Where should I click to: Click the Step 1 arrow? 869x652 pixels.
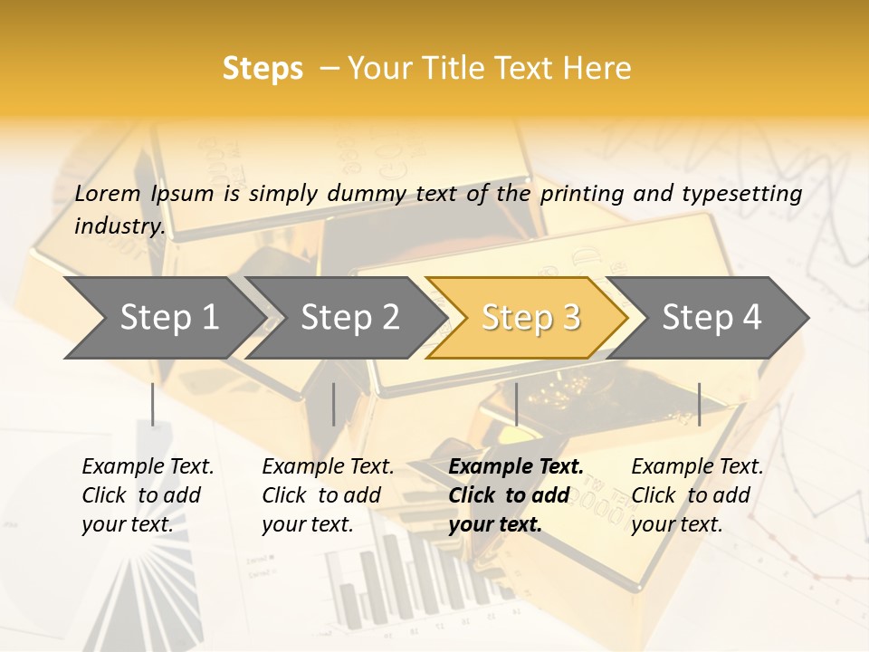pos(163,318)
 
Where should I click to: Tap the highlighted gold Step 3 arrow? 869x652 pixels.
pos(530,318)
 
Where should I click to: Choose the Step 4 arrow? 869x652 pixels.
pos(711,318)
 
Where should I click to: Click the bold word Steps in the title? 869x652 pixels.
pos(263,69)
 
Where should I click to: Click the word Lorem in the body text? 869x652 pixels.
pos(108,193)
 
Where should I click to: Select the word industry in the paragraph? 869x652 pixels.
pos(118,225)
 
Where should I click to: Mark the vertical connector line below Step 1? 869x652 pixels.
pos(153,404)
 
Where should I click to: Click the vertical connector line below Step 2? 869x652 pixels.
pos(334,404)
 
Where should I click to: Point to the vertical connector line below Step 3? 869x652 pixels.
pos(516,404)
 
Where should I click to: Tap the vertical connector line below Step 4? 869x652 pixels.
pos(699,404)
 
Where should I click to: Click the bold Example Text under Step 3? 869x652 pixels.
pos(516,467)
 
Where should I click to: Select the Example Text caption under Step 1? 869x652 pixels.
pos(148,467)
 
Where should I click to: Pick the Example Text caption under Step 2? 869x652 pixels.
pos(328,467)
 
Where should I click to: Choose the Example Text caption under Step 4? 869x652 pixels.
pos(697,467)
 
